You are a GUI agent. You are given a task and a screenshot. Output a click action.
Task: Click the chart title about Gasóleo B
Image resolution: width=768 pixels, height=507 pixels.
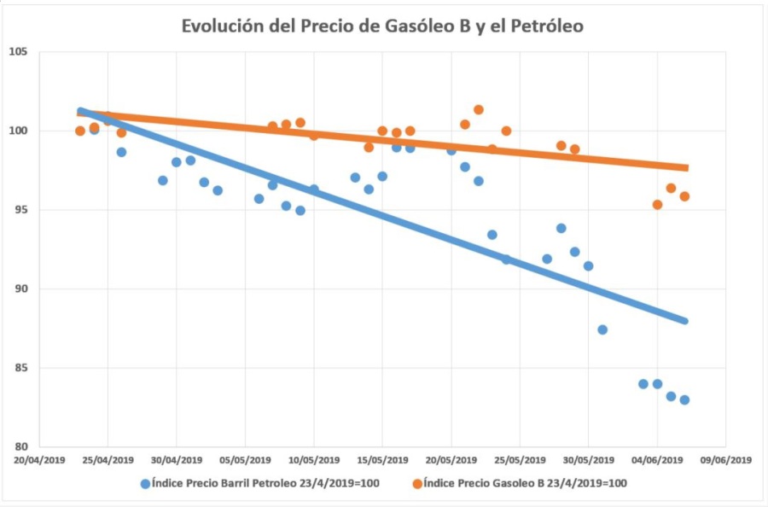click(382, 26)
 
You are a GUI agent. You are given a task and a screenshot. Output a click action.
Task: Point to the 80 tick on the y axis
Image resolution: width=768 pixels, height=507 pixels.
click(20, 446)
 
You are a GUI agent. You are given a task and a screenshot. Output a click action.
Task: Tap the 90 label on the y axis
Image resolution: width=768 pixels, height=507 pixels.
click(20, 289)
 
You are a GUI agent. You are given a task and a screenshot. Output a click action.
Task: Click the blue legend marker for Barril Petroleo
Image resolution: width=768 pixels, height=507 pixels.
click(145, 484)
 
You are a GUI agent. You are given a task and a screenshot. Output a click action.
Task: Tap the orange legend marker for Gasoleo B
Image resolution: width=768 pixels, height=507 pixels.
click(417, 484)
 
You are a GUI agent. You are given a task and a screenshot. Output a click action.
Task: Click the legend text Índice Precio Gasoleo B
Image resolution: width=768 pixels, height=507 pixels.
click(526, 484)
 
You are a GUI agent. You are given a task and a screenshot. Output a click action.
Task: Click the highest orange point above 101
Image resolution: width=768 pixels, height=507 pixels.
click(479, 109)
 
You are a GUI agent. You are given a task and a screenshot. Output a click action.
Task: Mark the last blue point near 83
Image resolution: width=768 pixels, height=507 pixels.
click(684, 399)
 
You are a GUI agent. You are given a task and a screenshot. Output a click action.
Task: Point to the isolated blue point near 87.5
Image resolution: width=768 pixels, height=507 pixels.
click(602, 329)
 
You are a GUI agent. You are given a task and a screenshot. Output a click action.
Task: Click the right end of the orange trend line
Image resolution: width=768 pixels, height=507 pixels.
click(685, 167)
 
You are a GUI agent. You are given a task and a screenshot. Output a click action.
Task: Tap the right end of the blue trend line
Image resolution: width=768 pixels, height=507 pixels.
click(684, 321)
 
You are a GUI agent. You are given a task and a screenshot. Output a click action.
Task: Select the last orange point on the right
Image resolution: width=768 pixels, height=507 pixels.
click(684, 196)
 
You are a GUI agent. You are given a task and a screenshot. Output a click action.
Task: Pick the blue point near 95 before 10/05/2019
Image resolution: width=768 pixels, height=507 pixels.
click(300, 210)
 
